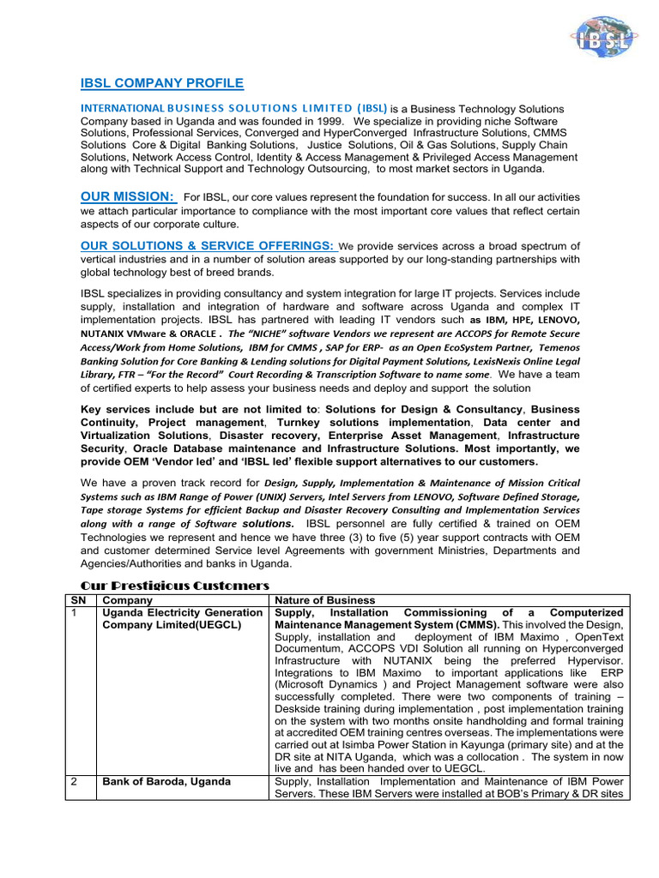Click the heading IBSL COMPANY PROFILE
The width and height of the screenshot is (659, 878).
(x=162, y=83)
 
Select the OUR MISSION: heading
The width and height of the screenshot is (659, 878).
(x=127, y=197)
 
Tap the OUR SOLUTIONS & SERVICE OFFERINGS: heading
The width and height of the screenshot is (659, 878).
(x=209, y=246)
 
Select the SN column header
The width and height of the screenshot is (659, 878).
(x=75, y=600)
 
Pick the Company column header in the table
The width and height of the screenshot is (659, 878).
(x=127, y=600)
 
